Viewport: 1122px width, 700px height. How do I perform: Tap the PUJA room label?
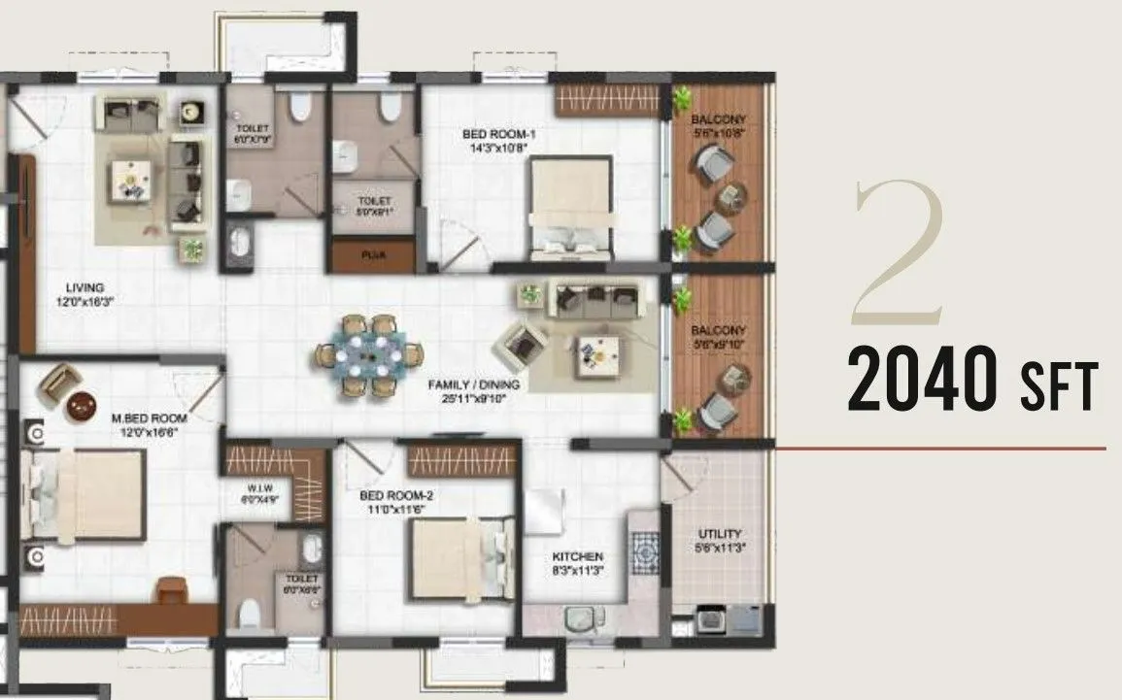373,257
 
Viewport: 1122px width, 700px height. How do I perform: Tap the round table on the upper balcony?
729,197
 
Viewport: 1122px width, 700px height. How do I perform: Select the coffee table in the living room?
129,179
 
